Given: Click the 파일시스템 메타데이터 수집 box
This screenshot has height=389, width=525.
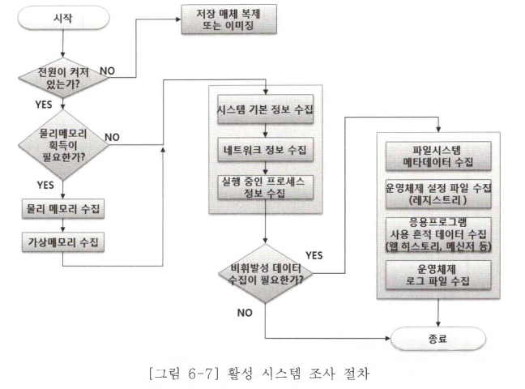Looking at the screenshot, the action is pyautogui.click(x=437, y=154).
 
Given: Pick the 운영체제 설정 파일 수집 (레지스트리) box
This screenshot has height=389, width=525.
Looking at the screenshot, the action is pyautogui.click(x=437, y=194).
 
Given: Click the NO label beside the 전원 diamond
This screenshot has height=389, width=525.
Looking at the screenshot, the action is pyautogui.click(x=109, y=71).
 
